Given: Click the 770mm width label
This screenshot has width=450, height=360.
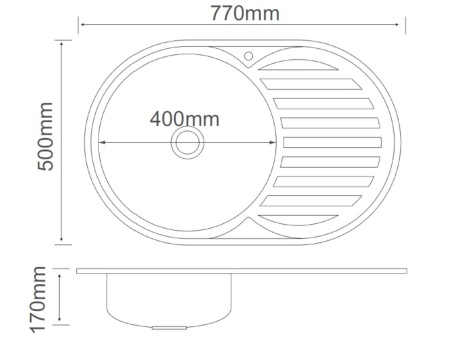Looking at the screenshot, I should click(x=245, y=13).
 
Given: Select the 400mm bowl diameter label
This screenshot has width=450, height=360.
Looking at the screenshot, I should click(x=184, y=119).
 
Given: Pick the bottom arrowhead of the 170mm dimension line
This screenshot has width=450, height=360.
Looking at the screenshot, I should click(x=66, y=326).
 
